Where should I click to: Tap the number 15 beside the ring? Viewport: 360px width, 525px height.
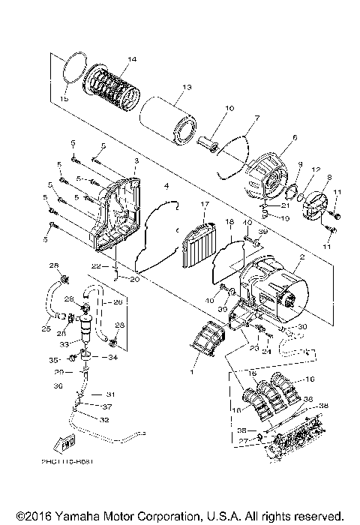click(64, 98)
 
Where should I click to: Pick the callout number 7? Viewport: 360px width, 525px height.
click(235, 118)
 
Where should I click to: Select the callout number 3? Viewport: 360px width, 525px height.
click(136, 161)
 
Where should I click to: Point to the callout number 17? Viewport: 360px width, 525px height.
click(203, 204)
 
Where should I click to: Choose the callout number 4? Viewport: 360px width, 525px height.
click(166, 185)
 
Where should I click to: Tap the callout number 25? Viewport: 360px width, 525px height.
click(46, 328)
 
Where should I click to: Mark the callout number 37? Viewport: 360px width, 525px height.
click(108, 407)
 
